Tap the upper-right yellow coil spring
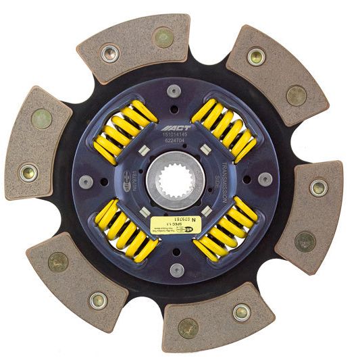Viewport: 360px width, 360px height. click(224, 129)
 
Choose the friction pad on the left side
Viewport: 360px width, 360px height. click(38, 146)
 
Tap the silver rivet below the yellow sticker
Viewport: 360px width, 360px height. click(176, 269)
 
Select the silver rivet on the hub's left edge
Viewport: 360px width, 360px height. click(86, 181)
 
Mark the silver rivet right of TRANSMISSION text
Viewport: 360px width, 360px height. click(265, 180)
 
